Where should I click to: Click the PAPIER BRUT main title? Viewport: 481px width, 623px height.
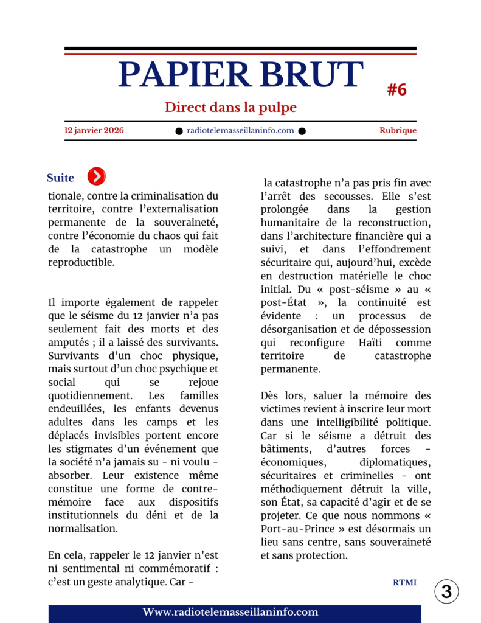(x=240, y=75)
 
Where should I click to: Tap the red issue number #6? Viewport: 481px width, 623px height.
(x=396, y=90)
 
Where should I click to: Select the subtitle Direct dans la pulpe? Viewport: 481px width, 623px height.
(x=230, y=108)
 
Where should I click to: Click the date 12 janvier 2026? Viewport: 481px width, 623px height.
(x=94, y=130)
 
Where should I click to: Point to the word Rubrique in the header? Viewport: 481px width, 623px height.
(x=398, y=130)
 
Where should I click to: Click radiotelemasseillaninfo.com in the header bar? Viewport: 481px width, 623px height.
(x=240, y=130)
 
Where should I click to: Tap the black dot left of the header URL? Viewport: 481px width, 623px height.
(x=179, y=131)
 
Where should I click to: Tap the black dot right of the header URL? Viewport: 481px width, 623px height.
(x=302, y=131)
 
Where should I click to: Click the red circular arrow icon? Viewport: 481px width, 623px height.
(x=96, y=176)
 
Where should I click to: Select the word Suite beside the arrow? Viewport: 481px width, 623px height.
(x=60, y=178)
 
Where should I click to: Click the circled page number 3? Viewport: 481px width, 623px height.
(x=446, y=592)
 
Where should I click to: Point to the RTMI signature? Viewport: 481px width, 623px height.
(x=404, y=582)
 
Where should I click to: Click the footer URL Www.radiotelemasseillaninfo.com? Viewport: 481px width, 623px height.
(x=230, y=612)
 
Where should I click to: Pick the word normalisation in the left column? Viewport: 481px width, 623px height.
(x=82, y=529)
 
